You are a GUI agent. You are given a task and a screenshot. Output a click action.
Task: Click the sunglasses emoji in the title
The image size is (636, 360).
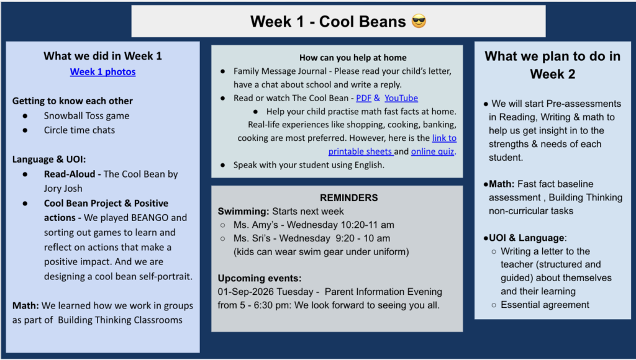point(419,21)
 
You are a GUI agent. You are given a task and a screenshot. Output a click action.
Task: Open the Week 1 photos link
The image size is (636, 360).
point(102,72)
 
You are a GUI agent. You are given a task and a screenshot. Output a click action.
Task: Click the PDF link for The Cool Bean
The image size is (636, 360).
point(363,98)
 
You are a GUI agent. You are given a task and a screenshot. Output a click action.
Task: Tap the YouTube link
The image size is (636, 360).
point(401,98)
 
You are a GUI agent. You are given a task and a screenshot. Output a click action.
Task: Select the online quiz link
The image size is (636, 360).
point(432,151)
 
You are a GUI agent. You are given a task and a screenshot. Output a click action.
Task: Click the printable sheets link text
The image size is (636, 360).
point(360,151)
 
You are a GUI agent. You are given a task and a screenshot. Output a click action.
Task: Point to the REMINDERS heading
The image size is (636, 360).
point(349,198)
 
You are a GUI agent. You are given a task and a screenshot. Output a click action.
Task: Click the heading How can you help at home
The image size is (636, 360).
point(353,58)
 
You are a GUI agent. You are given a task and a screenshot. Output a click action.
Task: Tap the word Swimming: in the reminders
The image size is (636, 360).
point(243,212)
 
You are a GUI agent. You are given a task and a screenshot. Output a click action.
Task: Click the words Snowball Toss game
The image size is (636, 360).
point(86,116)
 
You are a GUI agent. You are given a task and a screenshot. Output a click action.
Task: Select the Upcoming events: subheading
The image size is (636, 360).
point(260,279)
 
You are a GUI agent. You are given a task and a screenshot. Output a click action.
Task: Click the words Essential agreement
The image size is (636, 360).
point(545,305)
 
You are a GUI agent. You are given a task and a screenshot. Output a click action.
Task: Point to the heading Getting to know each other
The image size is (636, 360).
point(73,101)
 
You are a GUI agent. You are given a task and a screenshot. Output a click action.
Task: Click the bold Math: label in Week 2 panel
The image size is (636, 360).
point(501,184)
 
